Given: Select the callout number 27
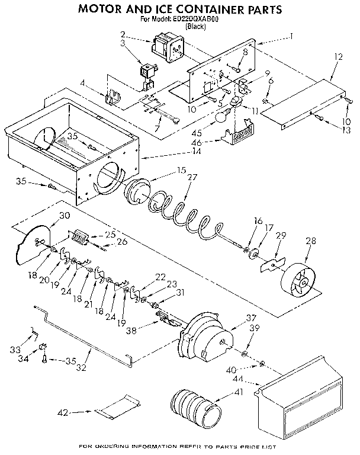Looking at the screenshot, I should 192,177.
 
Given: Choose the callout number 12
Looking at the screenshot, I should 339,57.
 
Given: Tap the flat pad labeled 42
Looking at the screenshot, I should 118,407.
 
